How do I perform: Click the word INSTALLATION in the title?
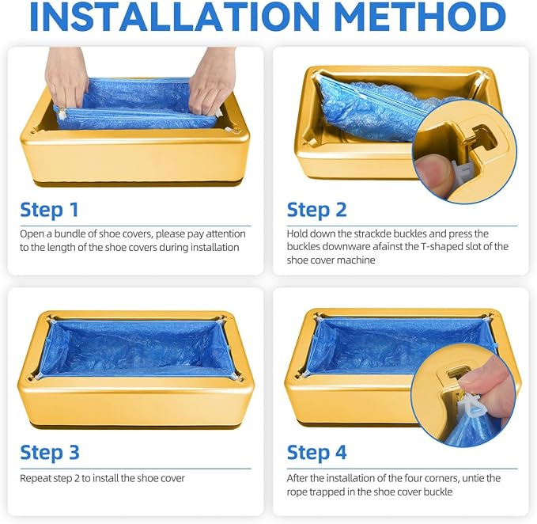(x=174, y=17)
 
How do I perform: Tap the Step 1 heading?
(x=49, y=210)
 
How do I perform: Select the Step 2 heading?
(x=317, y=210)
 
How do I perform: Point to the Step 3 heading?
(x=50, y=453)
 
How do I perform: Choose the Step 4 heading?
(x=317, y=453)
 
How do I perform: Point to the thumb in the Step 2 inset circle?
(x=433, y=173)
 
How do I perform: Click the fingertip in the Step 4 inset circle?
(x=479, y=374)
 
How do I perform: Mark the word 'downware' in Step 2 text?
(x=346, y=247)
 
